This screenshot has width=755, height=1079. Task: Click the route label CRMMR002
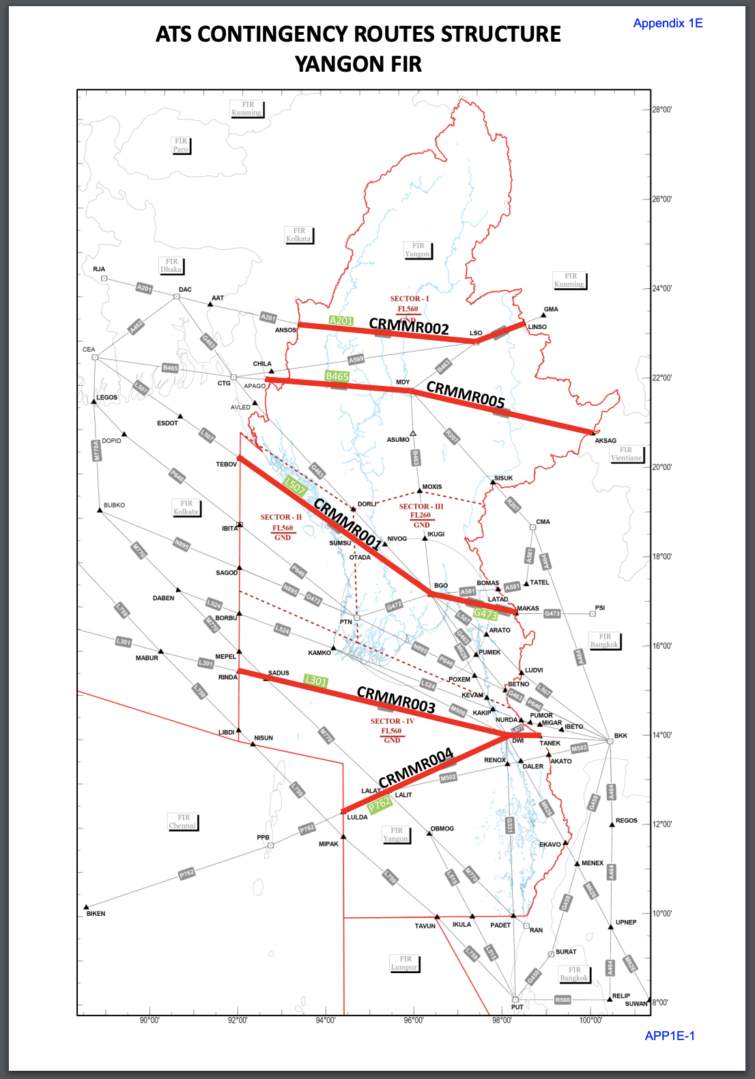(x=409, y=326)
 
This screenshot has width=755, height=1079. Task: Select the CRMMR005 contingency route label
(x=466, y=394)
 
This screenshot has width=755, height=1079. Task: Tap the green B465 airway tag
(x=337, y=376)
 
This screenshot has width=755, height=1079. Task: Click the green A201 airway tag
(x=341, y=320)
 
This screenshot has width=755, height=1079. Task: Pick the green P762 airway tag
(x=380, y=804)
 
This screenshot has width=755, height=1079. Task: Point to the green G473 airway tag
(x=485, y=613)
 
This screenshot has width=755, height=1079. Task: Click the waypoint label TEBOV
(x=227, y=464)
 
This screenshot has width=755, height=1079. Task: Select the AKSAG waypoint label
(x=606, y=440)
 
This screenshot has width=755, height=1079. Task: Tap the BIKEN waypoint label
(x=96, y=914)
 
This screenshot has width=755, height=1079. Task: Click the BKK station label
(x=621, y=735)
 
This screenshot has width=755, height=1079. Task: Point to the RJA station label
(x=99, y=269)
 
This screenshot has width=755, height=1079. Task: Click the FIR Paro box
(x=180, y=145)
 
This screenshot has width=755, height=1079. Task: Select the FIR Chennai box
(x=183, y=822)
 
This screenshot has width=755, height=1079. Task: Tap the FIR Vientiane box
(x=626, y=454)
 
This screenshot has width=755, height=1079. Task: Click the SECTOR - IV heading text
(x=393, y=721)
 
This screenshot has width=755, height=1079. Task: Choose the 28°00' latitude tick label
(x=661, y=110)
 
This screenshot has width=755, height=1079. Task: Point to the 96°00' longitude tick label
(x=414, y=1020)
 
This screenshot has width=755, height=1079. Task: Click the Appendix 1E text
(x=668, y=23)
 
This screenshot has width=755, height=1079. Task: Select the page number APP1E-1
(x=670, y=1036)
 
